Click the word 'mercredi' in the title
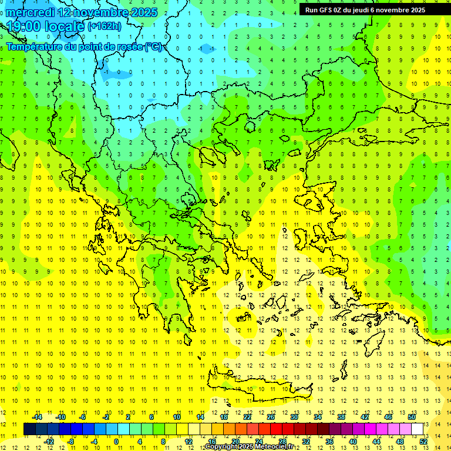point(31,12)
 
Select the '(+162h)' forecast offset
point(105,26)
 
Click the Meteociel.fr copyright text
point(249,447)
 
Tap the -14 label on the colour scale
point(37,417)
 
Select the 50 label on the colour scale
point(411,417)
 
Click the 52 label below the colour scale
point(423,442)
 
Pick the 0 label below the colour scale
point(116,442)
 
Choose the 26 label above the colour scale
point(271,417)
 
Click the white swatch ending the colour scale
point(418,429)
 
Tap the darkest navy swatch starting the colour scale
point(29,429)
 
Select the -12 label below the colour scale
point(49,442)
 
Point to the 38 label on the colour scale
point(341,417)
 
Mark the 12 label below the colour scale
point(189,442)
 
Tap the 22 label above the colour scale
point(247,417)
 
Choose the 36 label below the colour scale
point(329,442)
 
